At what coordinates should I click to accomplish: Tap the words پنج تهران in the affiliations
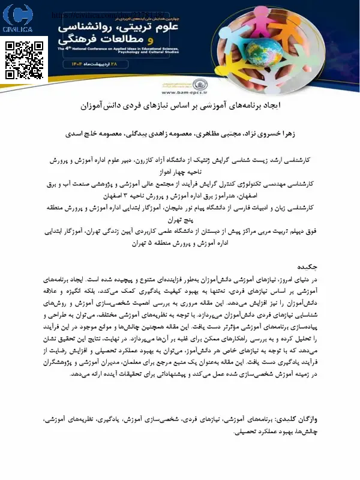point(181,219)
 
